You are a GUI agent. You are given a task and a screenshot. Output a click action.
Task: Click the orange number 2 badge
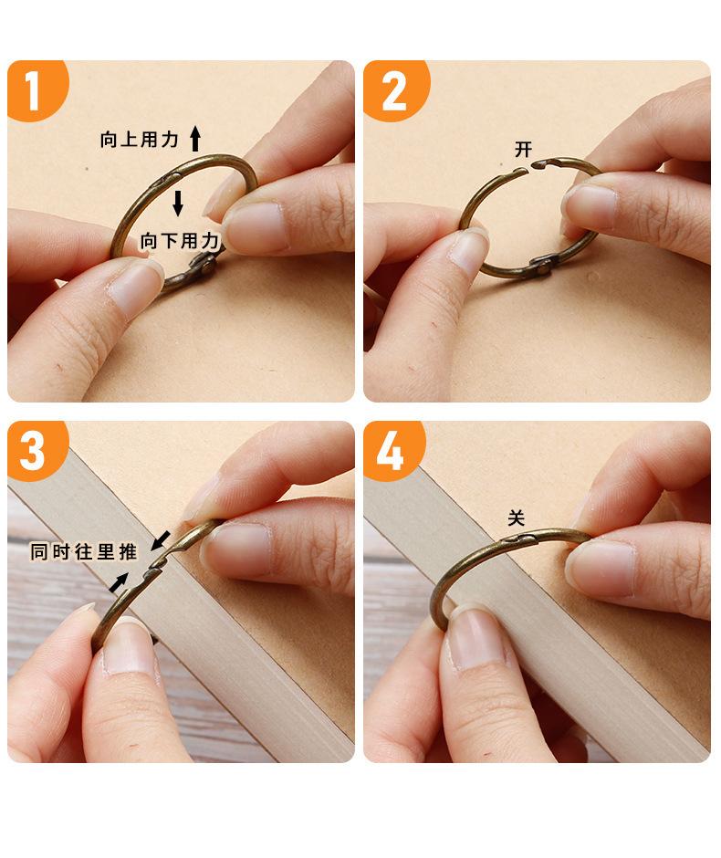(x=395, y=89)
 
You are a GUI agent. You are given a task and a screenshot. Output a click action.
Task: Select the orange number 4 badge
(x=392, y=450)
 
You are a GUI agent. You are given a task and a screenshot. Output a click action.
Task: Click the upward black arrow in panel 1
(x=195, y=138)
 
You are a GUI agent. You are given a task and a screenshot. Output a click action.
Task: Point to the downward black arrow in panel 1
(x=178, y=203)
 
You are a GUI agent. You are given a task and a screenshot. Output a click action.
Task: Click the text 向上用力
(x=140, y=140)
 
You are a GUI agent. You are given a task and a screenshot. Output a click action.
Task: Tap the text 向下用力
(x=180, y=241)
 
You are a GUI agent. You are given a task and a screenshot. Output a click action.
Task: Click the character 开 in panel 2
(x=523, y=149)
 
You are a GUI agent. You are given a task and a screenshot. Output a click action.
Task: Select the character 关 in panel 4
(x=516, y=518)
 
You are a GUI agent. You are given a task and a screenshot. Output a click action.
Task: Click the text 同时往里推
(x=83, y=551)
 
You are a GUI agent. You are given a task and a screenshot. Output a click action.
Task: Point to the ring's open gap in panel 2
(x=530, y=167)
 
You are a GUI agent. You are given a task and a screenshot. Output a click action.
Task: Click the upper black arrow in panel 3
(x=161, y=539)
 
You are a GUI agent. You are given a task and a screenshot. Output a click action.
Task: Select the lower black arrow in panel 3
(x=119, y=582)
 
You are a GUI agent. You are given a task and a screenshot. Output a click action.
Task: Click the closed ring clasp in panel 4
(x=518, y=539)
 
